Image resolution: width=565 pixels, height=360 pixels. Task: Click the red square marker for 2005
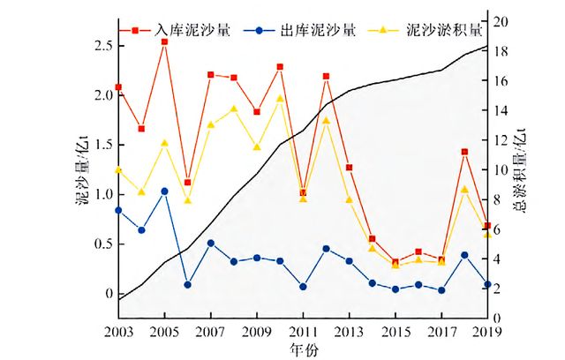164,42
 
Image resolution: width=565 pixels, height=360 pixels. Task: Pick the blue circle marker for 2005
164,191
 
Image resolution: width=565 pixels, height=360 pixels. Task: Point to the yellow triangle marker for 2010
280,99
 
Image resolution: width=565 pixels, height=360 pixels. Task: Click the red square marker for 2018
464,153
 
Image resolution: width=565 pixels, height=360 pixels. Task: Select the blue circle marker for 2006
187,285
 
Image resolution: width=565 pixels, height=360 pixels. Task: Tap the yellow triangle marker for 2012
326,121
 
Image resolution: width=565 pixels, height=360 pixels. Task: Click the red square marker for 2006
187,183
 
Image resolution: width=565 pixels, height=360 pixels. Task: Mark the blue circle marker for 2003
118,210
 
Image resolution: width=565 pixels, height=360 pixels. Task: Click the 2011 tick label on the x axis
303,331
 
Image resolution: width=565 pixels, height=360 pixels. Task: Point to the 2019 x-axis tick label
486,331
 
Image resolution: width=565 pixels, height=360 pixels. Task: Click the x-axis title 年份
303,349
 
